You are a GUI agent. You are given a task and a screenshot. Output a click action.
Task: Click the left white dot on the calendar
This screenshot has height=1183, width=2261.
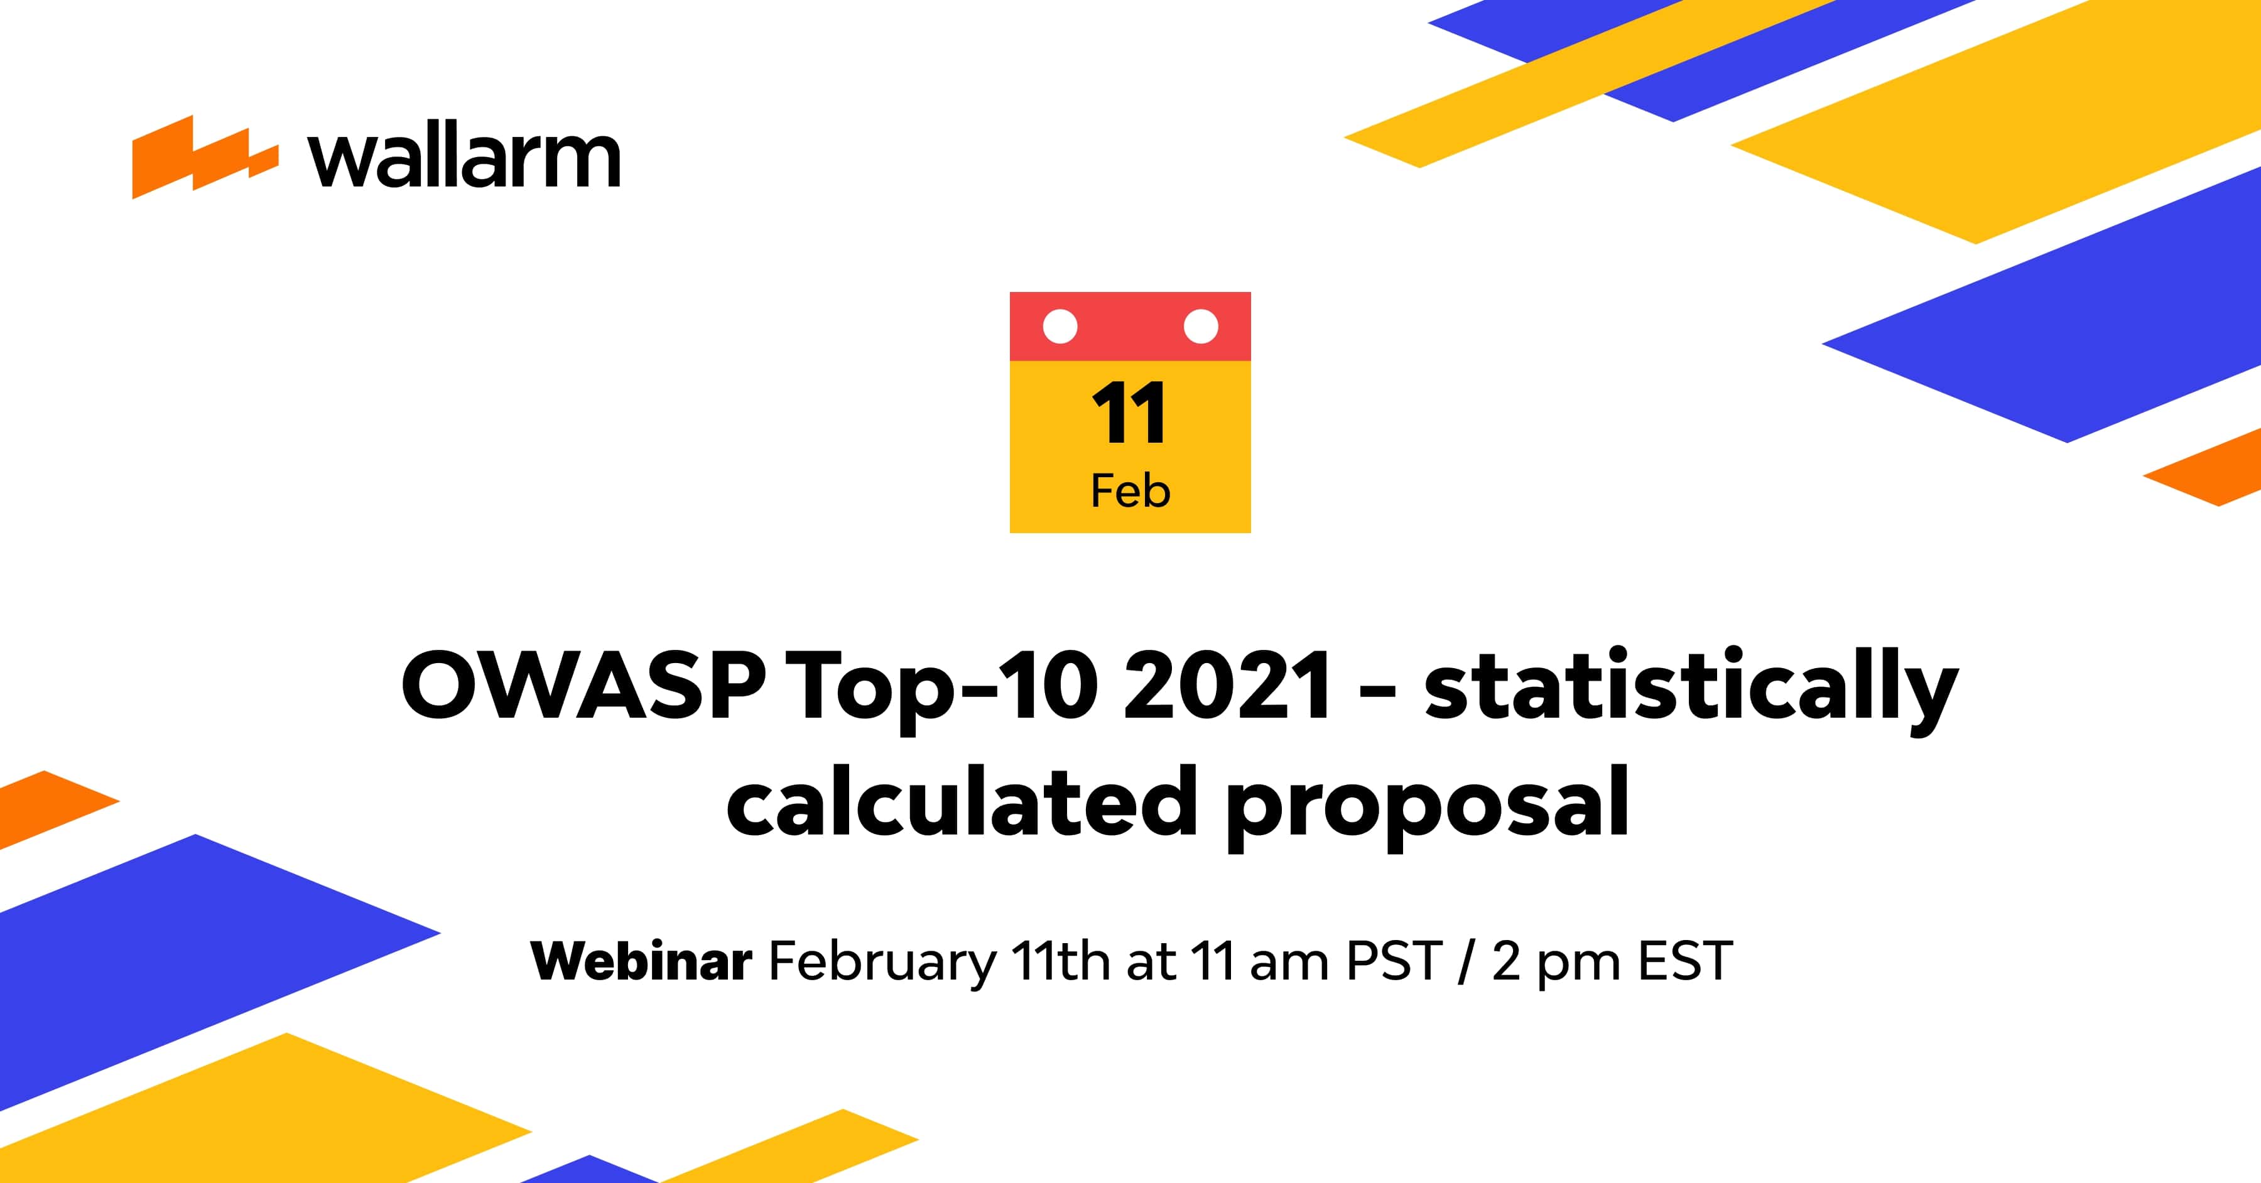point(1060,327)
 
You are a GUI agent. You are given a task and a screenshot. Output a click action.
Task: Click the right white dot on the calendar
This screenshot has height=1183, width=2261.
point(1201,327)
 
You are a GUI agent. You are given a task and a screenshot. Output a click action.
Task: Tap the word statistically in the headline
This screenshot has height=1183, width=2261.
point(1689,686)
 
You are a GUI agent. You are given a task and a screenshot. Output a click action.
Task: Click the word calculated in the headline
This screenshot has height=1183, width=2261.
point(961,803)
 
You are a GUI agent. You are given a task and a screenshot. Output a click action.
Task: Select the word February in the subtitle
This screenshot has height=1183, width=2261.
point(882,963)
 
